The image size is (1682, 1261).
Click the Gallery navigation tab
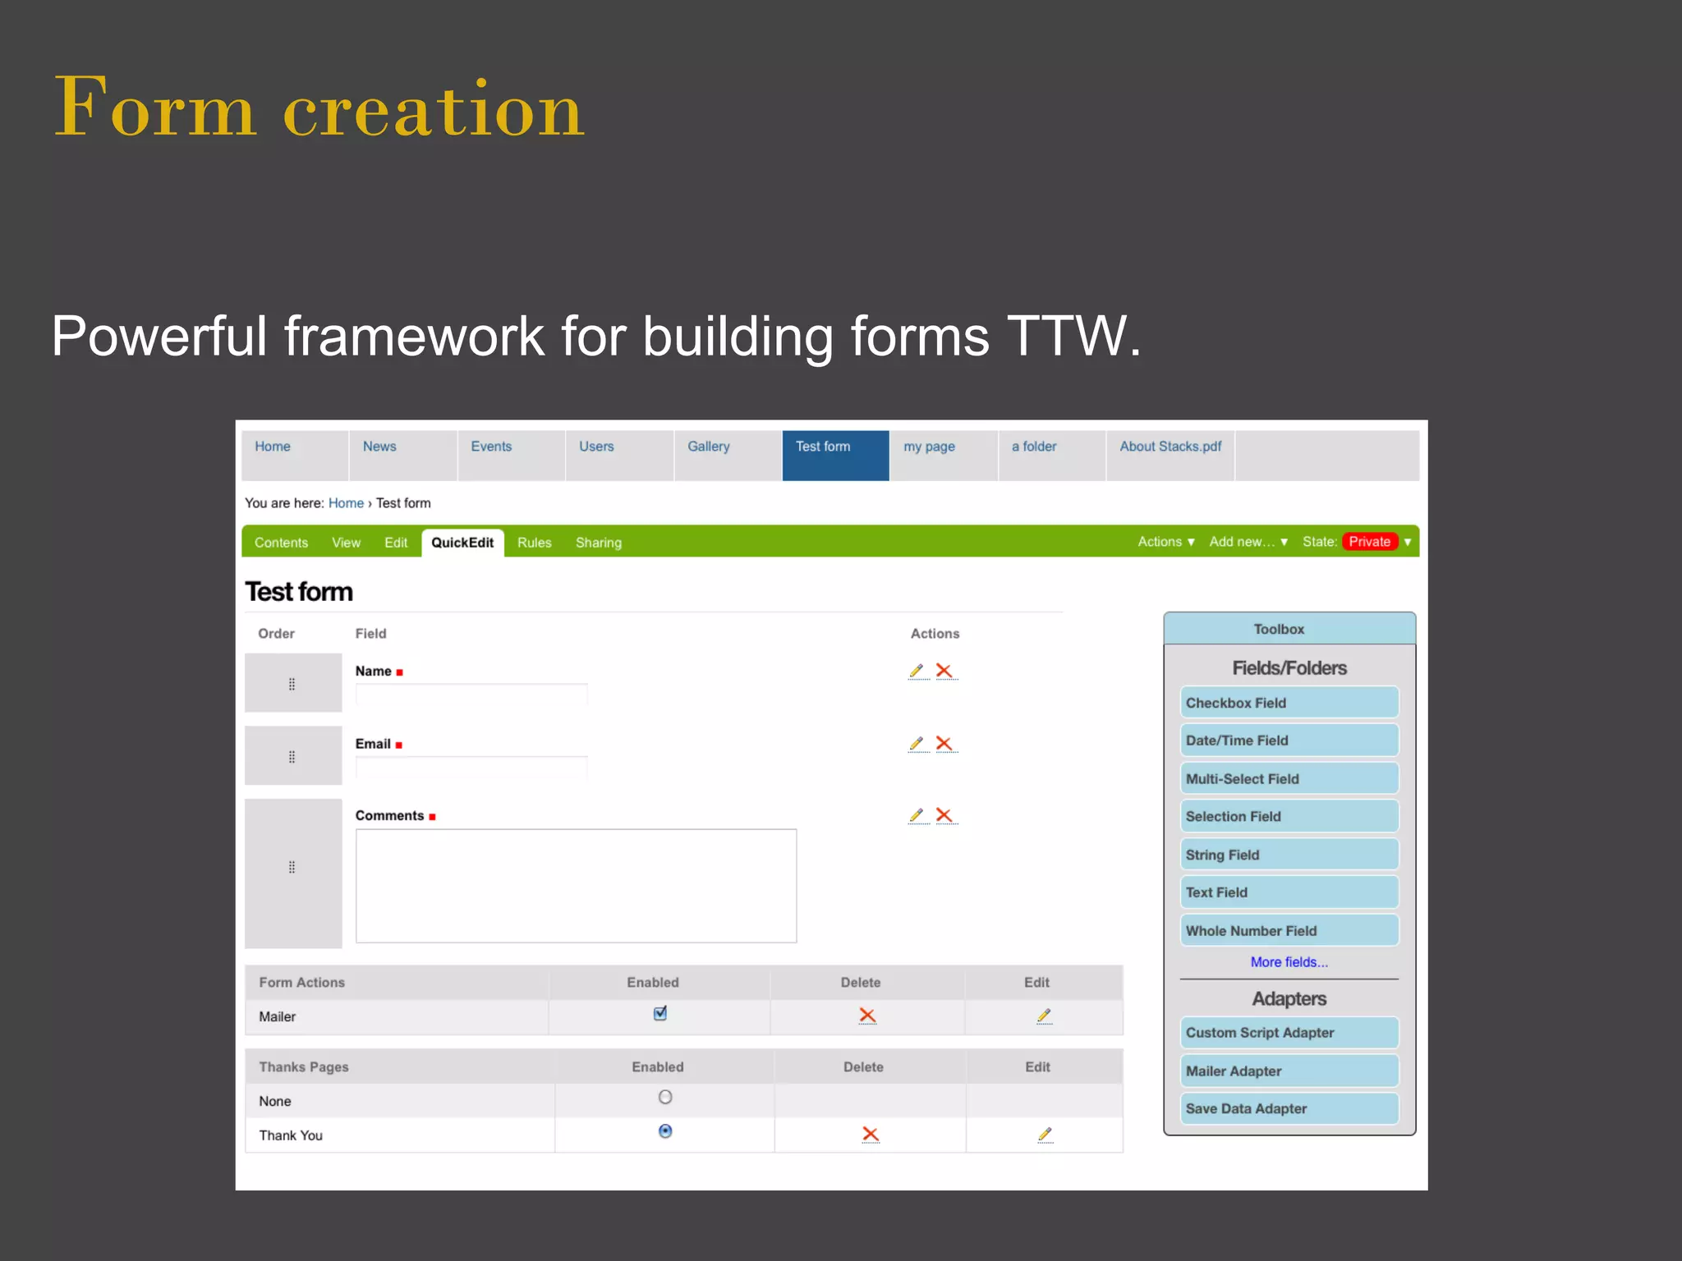(x=708, y=447)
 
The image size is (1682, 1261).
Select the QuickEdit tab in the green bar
(x=462, y=543)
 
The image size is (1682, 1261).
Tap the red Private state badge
(x=1369, y=542)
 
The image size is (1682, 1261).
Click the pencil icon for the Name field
(x=917, y=671)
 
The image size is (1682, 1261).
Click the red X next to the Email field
(x=944, y=744)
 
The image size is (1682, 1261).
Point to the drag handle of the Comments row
(x=292, y=867)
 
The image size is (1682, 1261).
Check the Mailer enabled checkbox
(x=660, y=1013)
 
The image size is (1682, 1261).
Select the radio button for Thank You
(x=665, y=1131)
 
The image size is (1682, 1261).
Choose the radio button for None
(x=665, y=1097)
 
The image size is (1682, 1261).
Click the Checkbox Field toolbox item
(x=1289, y=703)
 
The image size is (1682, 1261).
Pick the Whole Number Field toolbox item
(x=1289, y=931)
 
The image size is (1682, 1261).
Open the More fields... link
(x=1289, y=962)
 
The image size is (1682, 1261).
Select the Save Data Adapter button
(x=1289, y=1108)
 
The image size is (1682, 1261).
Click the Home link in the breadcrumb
(x=346, y=503)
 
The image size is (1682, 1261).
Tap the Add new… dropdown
(x=1248, y=542)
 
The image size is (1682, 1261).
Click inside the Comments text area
(x=576, y=886)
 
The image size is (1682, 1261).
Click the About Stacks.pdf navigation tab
(x=1170, y=447)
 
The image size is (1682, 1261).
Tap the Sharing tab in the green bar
(x=598, y=543)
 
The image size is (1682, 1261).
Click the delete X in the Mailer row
(x=867, y=1016)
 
